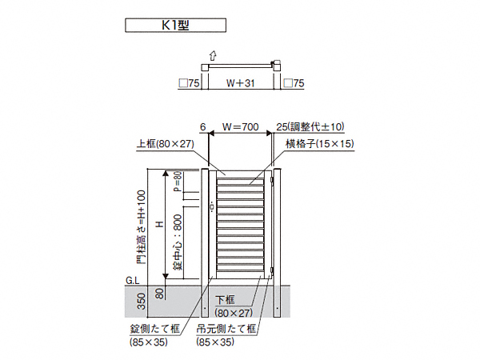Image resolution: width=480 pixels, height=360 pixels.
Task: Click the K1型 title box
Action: pos(175,25)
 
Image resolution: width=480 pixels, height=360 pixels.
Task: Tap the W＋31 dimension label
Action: pos(240,83)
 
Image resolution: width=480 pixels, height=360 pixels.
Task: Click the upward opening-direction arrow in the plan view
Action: pos(213,56)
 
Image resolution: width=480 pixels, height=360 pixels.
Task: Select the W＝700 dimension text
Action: pos(241,126)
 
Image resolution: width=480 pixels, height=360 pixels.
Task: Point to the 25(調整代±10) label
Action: pos(310,126)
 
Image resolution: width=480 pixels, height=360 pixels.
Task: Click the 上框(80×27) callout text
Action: pos(166,143)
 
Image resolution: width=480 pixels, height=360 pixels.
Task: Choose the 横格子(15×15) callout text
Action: pos(320,143)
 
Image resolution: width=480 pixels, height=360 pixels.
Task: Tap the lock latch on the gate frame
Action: pos(212,207)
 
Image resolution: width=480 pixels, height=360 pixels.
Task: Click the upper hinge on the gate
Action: pos(271,180)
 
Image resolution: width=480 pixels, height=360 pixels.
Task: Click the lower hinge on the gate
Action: pos(271,270)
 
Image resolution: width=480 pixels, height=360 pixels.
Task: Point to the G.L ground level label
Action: pos(132,281)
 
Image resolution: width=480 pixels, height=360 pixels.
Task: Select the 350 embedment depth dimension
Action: pos(142,302)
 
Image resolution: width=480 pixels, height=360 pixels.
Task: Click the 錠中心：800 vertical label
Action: pos(178,242)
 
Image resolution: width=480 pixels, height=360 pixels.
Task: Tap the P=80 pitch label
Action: pos(178,182)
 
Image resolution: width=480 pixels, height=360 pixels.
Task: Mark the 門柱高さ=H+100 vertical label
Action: pos(142,227)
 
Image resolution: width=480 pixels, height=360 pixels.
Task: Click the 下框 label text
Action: pos(225,300)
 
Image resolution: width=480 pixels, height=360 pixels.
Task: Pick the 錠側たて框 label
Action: pos(155,329)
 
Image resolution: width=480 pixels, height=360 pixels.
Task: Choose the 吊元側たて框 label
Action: pos(226,329)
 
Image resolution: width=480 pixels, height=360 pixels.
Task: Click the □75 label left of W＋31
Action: pos(189,83)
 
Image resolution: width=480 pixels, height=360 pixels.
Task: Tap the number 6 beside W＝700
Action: pos(203,126)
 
